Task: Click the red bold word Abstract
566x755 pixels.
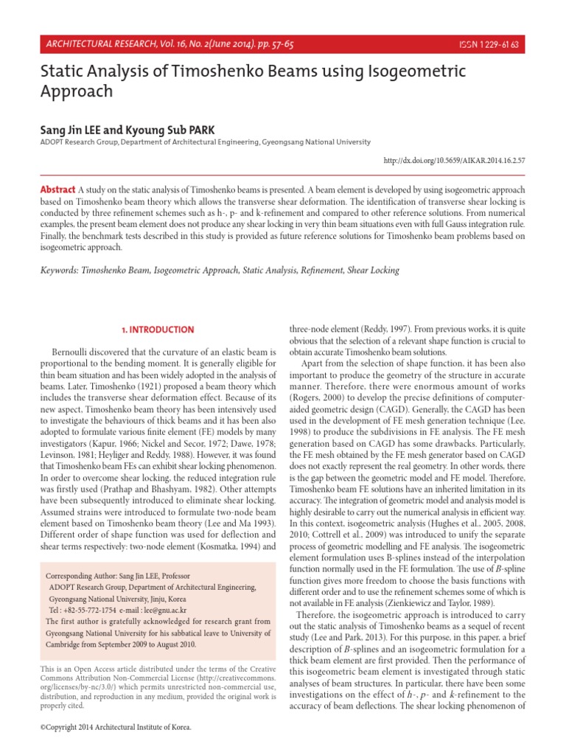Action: (x=57, y=190)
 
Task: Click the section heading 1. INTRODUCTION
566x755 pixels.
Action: (x=156, y=330)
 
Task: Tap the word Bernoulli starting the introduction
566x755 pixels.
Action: (x=74, y=348)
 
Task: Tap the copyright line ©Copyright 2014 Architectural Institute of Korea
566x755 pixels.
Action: (x=114, y=727)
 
